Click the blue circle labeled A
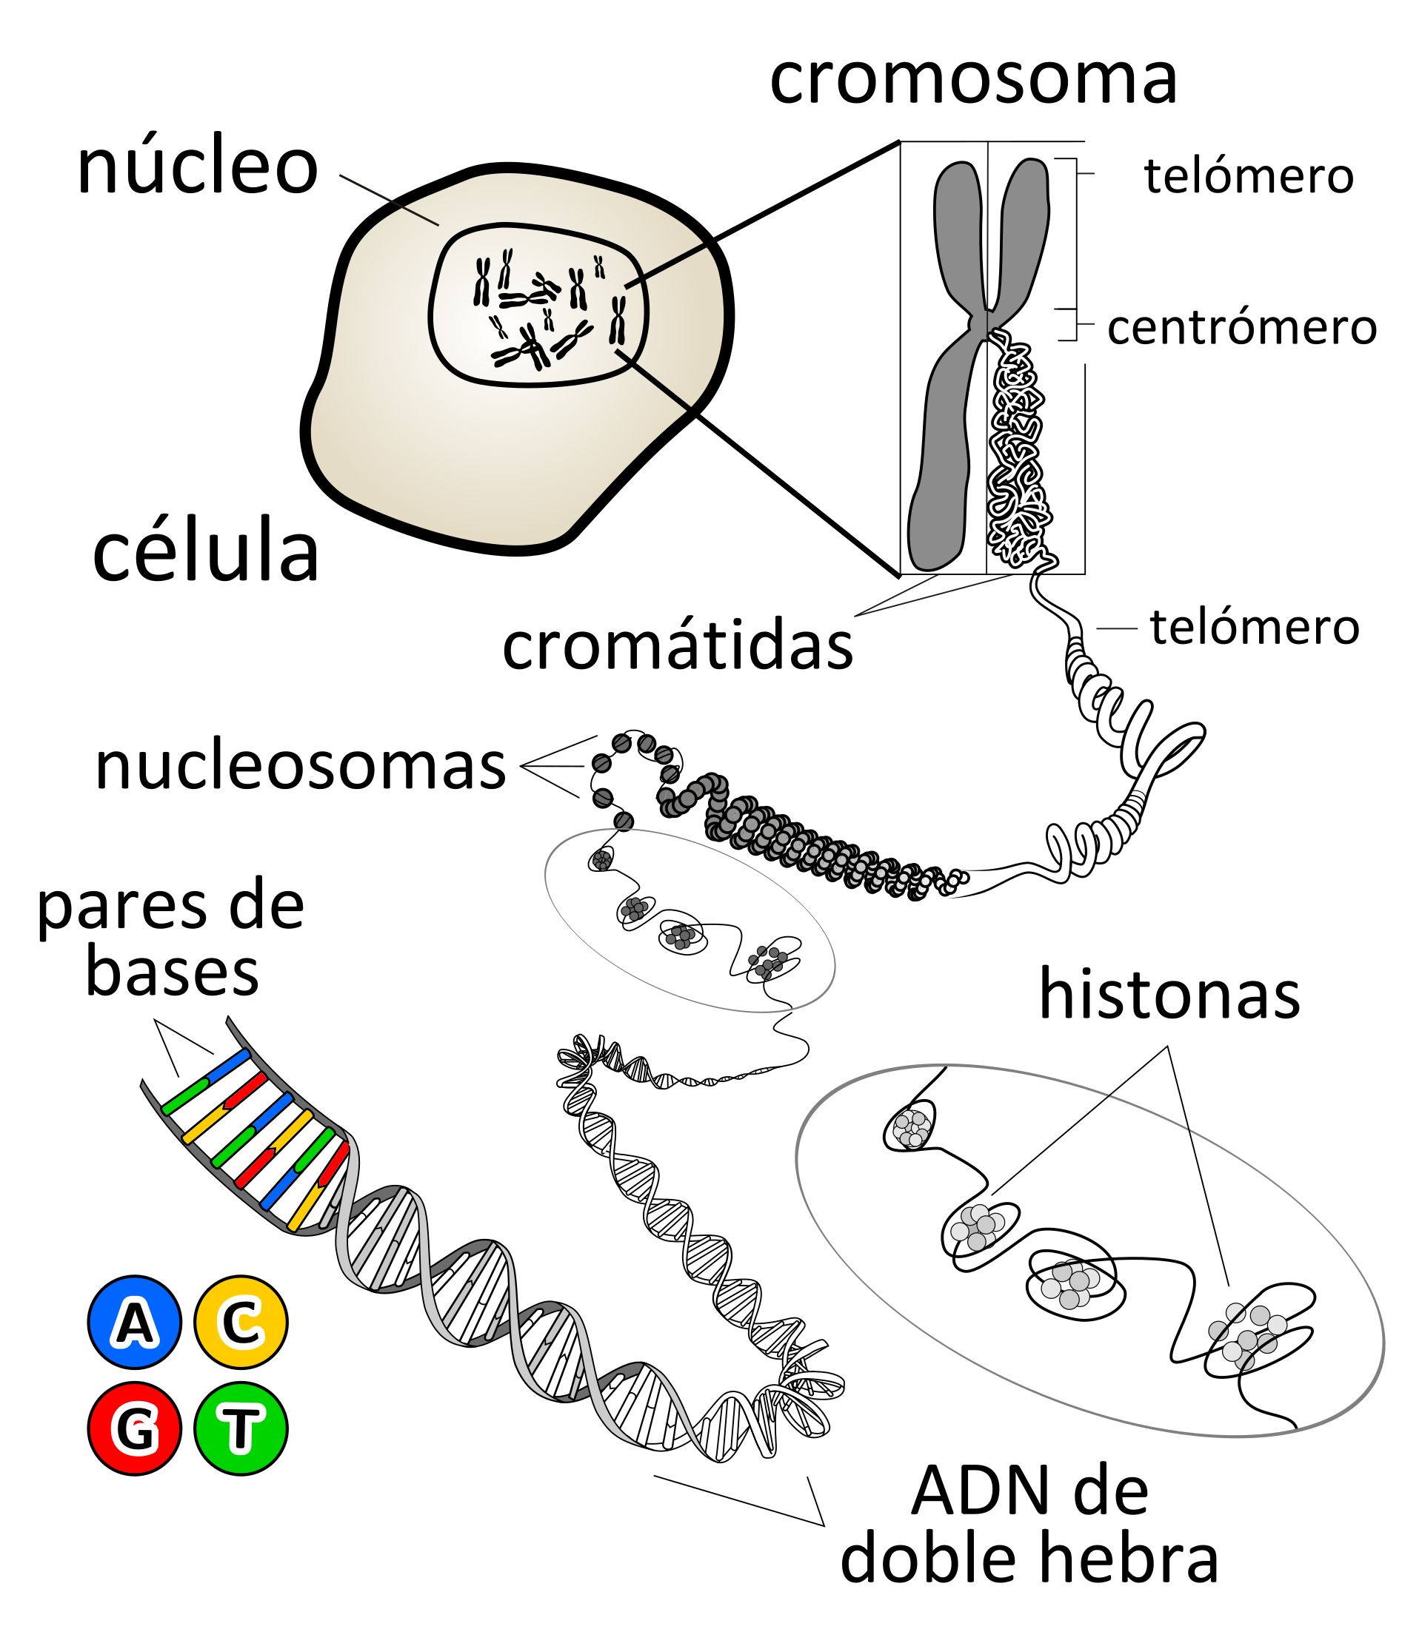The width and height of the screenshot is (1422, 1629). coord(135,1323)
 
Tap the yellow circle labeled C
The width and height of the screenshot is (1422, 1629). coord(241,1323)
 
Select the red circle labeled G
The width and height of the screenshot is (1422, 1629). coord(135,1428)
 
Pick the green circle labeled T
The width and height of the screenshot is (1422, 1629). coord(241,1428)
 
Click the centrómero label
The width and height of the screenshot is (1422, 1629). coord(1242,326)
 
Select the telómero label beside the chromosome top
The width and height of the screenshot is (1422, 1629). coord(1249,176)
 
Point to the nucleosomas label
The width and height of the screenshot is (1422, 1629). coord(300,766)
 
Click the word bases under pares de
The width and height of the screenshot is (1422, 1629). coord(172,973)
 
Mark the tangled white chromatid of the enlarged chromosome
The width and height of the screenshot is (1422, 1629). coord(1018,452)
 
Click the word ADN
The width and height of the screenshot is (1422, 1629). coord(975,1491)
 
